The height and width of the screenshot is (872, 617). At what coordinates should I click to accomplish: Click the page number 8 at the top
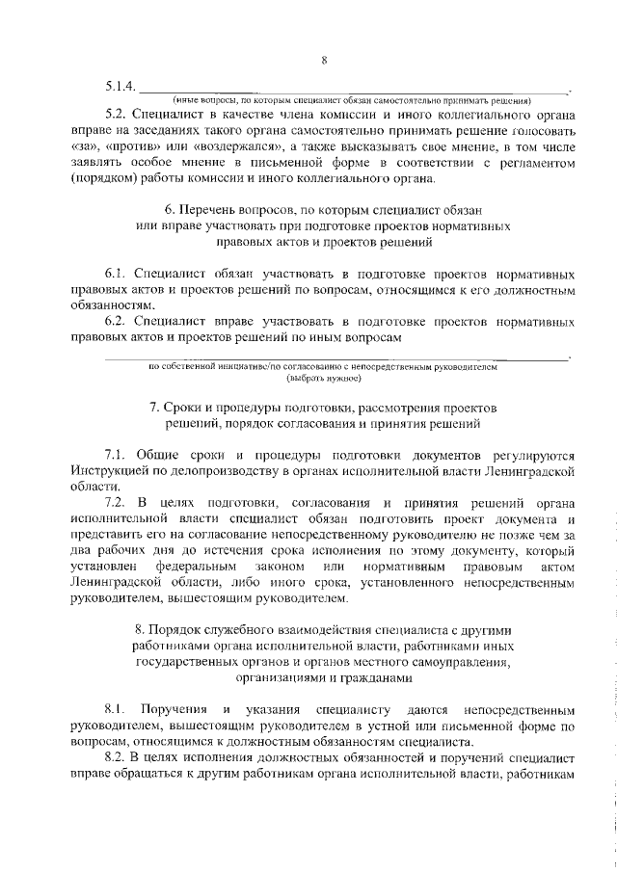[x=325, y=61]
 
